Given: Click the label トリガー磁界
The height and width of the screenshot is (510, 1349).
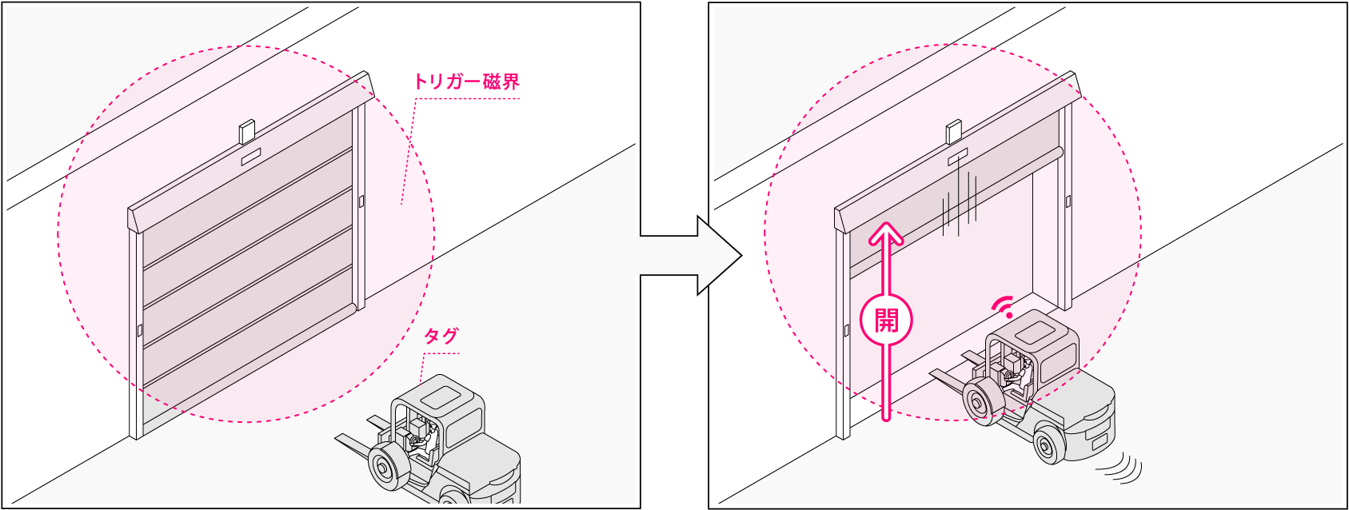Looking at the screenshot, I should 466,82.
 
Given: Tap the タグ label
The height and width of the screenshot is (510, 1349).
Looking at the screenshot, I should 441,337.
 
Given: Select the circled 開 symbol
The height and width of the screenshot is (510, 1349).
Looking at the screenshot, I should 886,321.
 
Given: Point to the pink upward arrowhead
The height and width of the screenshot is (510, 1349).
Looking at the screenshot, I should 886,233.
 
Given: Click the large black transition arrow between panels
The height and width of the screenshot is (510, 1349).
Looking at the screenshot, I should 692,256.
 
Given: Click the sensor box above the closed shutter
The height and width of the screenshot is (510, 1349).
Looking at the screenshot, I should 247,132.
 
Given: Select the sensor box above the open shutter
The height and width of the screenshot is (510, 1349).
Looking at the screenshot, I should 953,132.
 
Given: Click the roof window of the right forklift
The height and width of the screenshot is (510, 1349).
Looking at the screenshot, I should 1034,331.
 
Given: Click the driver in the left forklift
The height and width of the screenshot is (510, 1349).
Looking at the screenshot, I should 429,439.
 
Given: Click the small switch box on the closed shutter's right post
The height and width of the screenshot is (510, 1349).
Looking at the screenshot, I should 361,201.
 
